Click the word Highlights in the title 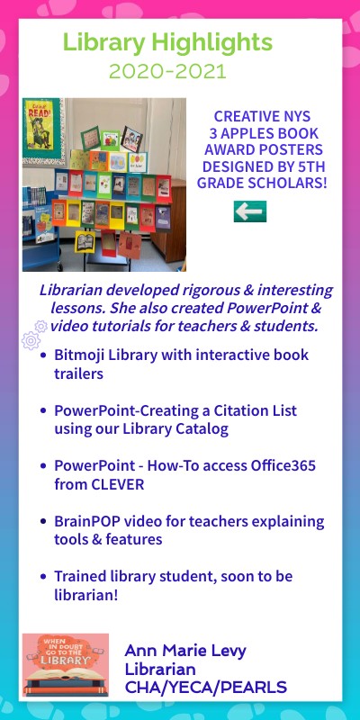[213, 41]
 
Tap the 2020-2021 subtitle [166, 70]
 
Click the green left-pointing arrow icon [249, 211]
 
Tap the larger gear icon [30, 340]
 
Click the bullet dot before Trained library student [44, 577]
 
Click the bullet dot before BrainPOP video [44, 522]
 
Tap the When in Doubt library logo [65, 664]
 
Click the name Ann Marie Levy [185, 650]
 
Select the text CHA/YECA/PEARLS [206, 688]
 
